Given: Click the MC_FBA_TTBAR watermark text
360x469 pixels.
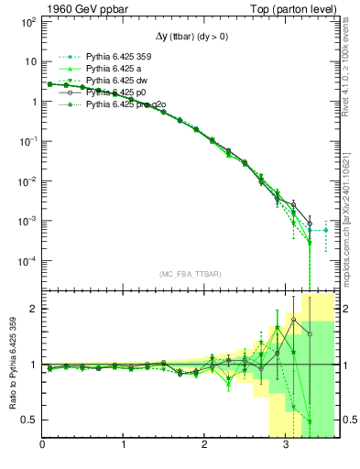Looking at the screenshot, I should coord(190,274).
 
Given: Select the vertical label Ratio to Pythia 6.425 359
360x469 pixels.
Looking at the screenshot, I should coord(12,365).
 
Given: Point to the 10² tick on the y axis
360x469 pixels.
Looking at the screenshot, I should coord(27,21).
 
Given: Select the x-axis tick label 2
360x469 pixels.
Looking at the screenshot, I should coord(205,446).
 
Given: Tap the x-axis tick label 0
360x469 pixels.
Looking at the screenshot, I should coord(42,446).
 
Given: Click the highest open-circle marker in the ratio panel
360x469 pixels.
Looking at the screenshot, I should coord(293,320).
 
